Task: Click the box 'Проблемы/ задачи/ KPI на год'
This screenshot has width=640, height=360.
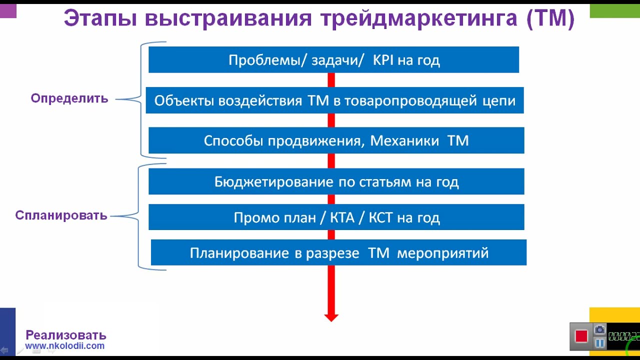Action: click(333, 60)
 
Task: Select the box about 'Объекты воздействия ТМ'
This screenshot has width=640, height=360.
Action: click(334, 100)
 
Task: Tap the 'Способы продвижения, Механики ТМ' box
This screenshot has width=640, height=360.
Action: click(336, 140)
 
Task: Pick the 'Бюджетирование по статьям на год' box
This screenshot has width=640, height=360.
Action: click(336, 181)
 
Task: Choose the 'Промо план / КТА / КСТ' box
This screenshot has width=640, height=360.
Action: click(336, 217)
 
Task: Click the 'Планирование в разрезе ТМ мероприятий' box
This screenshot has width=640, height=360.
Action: click(338, 253)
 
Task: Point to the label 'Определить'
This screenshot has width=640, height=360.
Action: click(69, 98)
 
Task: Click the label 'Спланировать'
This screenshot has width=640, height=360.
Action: click(61, 215)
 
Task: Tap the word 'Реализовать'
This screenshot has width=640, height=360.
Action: click(66, 335)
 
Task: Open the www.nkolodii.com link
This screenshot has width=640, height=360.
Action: click(65, 345)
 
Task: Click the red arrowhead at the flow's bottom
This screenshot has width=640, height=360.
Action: click(331, 316)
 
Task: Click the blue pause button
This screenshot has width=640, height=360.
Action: click(599, 343)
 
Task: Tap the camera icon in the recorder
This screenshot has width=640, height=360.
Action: click(599, 330)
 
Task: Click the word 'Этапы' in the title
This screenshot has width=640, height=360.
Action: click(99, 19)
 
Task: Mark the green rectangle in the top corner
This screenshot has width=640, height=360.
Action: click(614, 10)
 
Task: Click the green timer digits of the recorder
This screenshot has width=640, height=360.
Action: click(623, 336)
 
